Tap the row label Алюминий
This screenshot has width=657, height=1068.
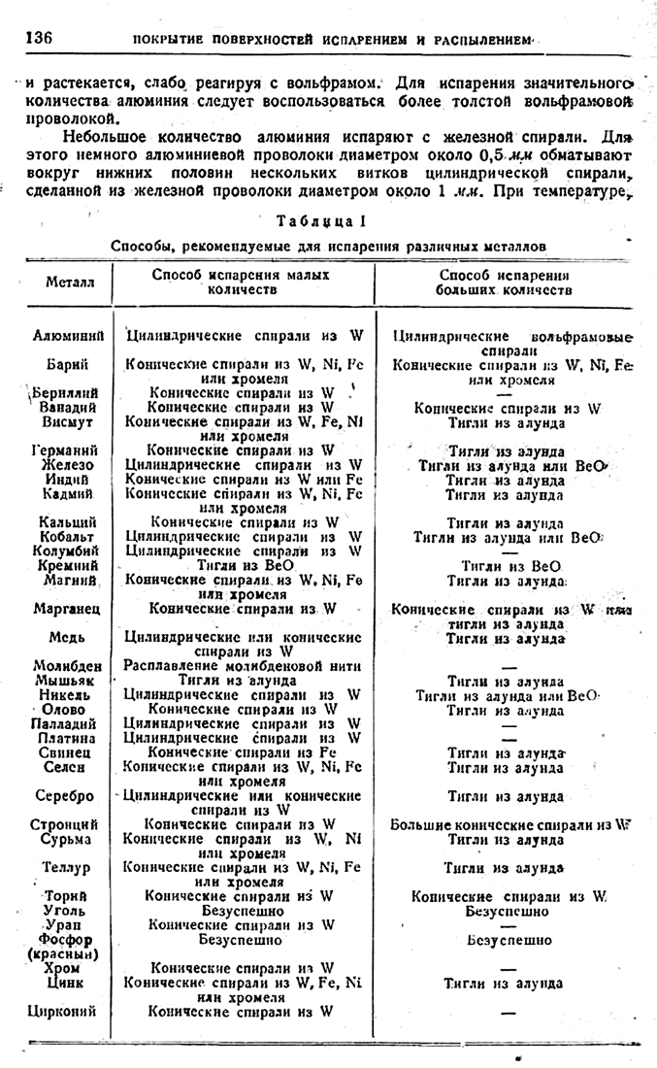pos(68,336)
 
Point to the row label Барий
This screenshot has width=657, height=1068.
pos(68,364)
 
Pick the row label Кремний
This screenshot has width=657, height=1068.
pos(67,564)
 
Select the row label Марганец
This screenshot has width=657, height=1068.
pos(68,609)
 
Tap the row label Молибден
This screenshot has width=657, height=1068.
pos(67,665)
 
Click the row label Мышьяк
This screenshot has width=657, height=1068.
pos(67,680)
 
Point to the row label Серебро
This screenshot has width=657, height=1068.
pos(68,796)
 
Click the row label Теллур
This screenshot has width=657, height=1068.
pos(67,867)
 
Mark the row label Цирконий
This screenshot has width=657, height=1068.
pos(64,1011)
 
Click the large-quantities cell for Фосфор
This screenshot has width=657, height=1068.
pos(509,940)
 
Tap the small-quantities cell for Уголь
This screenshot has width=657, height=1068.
pos(242,911)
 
